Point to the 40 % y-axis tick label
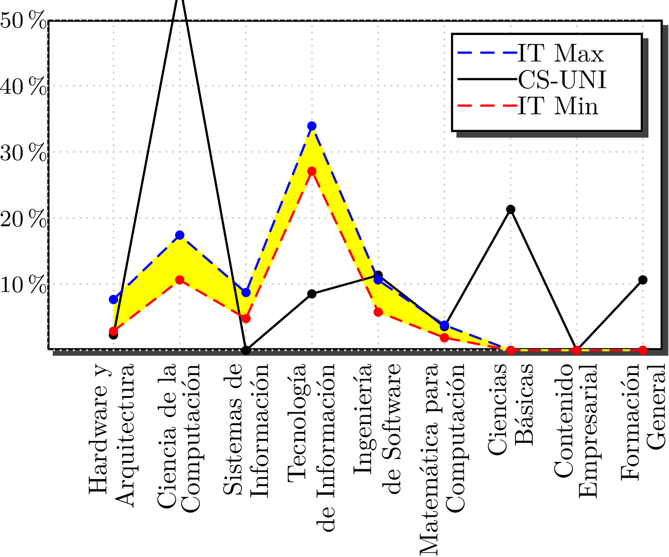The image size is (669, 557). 23,87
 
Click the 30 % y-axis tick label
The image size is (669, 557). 23,153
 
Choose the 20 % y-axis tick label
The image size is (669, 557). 23,219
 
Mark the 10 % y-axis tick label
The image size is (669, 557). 23,285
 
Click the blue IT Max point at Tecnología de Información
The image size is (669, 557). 312,126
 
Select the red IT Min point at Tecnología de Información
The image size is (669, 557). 312,171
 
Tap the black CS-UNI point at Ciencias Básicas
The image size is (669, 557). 511,209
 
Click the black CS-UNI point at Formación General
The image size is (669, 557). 643,280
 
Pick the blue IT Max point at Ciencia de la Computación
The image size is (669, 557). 180,235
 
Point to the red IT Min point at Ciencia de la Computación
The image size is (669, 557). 180,280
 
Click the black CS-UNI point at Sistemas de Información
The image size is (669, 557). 246,350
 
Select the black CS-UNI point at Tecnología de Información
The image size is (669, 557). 312,294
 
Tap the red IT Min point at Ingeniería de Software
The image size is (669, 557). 378,312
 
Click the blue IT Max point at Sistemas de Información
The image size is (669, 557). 246,292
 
